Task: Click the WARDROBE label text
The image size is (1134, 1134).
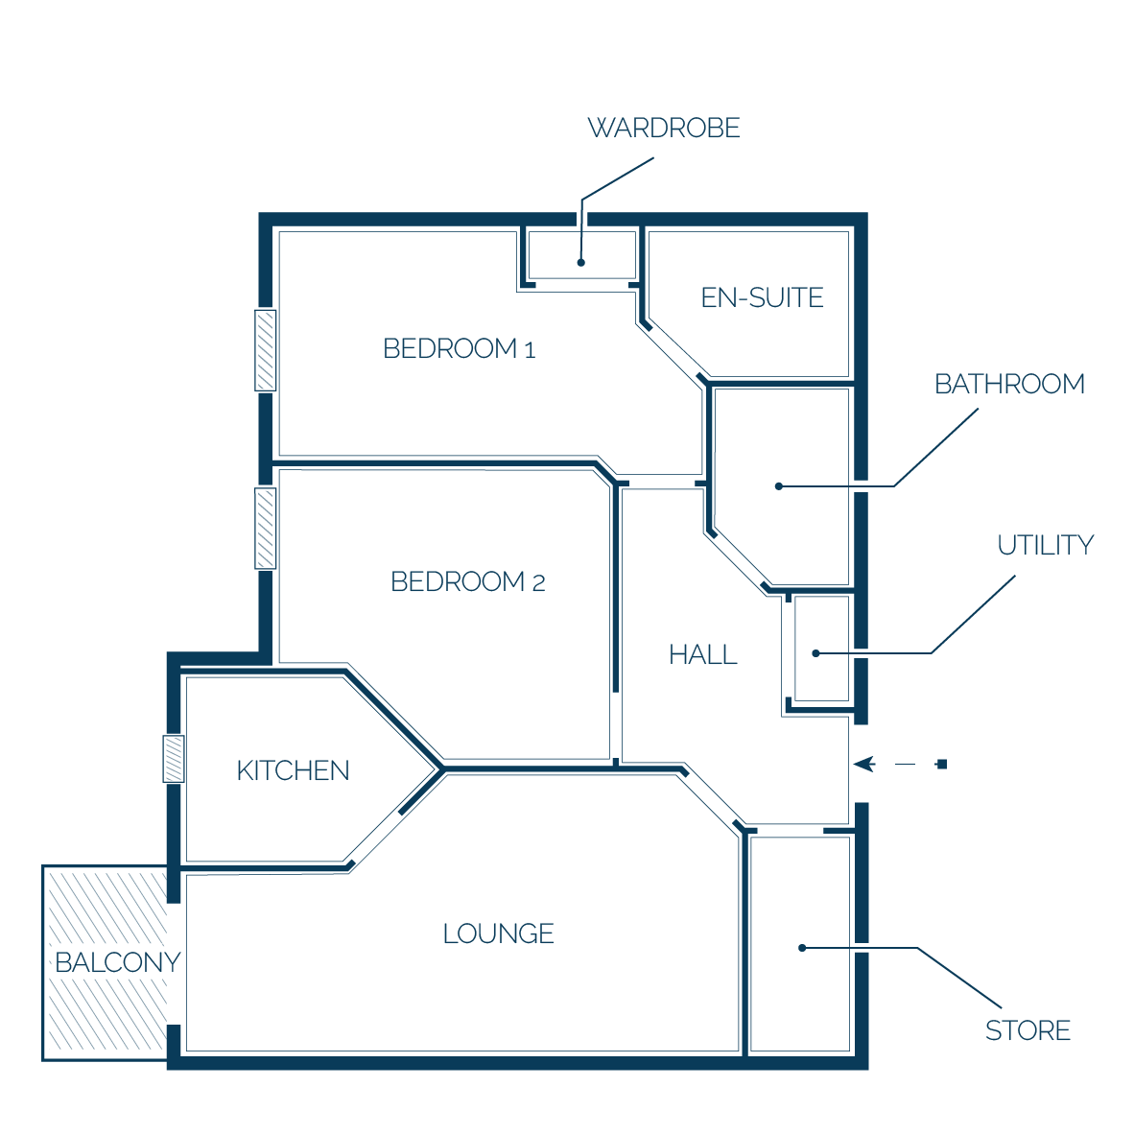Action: pos(663,128)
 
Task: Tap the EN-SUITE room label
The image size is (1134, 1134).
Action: pos(763,297)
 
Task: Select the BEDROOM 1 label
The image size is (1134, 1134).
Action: pos(459,348)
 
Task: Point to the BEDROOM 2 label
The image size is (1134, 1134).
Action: pos(467,581)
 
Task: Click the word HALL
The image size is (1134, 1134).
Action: pos(702,654)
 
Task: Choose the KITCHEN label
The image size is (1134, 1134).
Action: pos(293,770)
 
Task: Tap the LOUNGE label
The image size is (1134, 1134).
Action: pos(498,933)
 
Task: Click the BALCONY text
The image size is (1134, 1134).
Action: pos(118,962)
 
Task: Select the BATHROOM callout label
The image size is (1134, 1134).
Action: pos(1009,384)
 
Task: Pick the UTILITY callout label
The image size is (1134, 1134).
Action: pos(1045,545)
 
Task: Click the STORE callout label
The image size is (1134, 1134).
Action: pos(1028,1030)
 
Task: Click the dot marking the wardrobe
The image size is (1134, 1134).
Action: pos(580,263)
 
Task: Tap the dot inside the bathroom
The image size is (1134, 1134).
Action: pos(779,486)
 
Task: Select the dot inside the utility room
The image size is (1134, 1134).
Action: pos(815,653)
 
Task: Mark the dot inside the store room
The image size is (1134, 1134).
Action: pos(802,948)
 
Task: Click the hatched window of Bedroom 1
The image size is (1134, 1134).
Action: pos(266,350)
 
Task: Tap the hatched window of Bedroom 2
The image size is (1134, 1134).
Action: pos(266,528)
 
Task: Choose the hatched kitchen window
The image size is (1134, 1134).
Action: pos(174,759)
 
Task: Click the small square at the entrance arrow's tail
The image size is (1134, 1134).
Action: pos(941,764)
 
